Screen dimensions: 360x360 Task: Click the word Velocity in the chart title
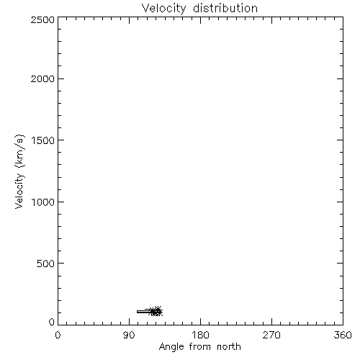tap(164, 9)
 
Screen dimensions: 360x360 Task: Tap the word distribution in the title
tap(225, 8)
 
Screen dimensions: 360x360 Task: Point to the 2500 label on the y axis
tap(42, 19)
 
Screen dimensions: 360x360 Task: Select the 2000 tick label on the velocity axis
tap(42, 78)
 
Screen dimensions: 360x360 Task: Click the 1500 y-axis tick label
tap(43, 140)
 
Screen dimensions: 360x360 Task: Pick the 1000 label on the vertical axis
tap(43, 202)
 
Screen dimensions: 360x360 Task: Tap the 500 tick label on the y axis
tap(46, 264)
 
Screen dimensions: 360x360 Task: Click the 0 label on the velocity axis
tap(52, 322)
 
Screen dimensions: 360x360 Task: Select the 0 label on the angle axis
tap(58, 335)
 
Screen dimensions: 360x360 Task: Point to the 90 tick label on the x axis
tap(129, 335)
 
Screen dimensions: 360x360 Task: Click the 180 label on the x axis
tap(200, 335)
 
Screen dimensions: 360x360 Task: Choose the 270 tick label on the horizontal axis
tap(271, 335)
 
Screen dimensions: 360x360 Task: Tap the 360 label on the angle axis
tap(343, 335)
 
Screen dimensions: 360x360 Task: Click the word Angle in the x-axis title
tap(171, 347)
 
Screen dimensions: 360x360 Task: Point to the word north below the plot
tap(229, 346)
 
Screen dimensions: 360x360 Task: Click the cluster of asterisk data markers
tap(156, 312)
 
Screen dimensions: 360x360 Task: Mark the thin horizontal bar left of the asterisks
tap(144, 312)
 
